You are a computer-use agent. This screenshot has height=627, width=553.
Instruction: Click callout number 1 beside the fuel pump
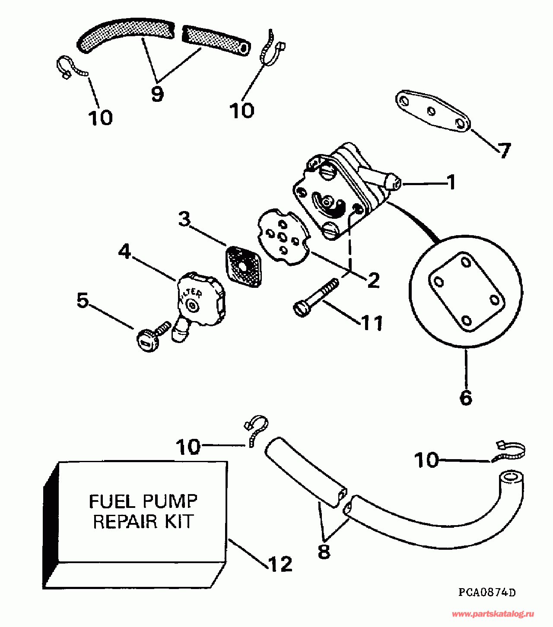tap(451, 182)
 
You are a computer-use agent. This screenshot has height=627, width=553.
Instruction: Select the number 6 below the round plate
tap(466, 397)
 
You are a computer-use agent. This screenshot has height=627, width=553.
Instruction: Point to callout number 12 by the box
tap(280, 564)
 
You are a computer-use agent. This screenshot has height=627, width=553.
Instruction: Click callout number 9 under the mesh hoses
tap(157, 94)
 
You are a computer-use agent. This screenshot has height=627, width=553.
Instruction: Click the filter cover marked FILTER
tap(201, 299)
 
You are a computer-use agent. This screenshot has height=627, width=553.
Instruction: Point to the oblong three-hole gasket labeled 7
tap(433, 112)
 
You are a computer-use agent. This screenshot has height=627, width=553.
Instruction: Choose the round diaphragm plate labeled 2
tap(283, 238)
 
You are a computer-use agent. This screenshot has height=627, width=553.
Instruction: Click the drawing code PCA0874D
tap(487, 592)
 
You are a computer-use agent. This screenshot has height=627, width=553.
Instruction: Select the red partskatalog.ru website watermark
tap(493, 614)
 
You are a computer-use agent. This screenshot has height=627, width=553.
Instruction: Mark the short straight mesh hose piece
tap(216, 40)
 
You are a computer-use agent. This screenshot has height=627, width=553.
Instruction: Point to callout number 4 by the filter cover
tap(124, 251)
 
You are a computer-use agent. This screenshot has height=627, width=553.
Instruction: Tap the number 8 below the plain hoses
tap(324, 551)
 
